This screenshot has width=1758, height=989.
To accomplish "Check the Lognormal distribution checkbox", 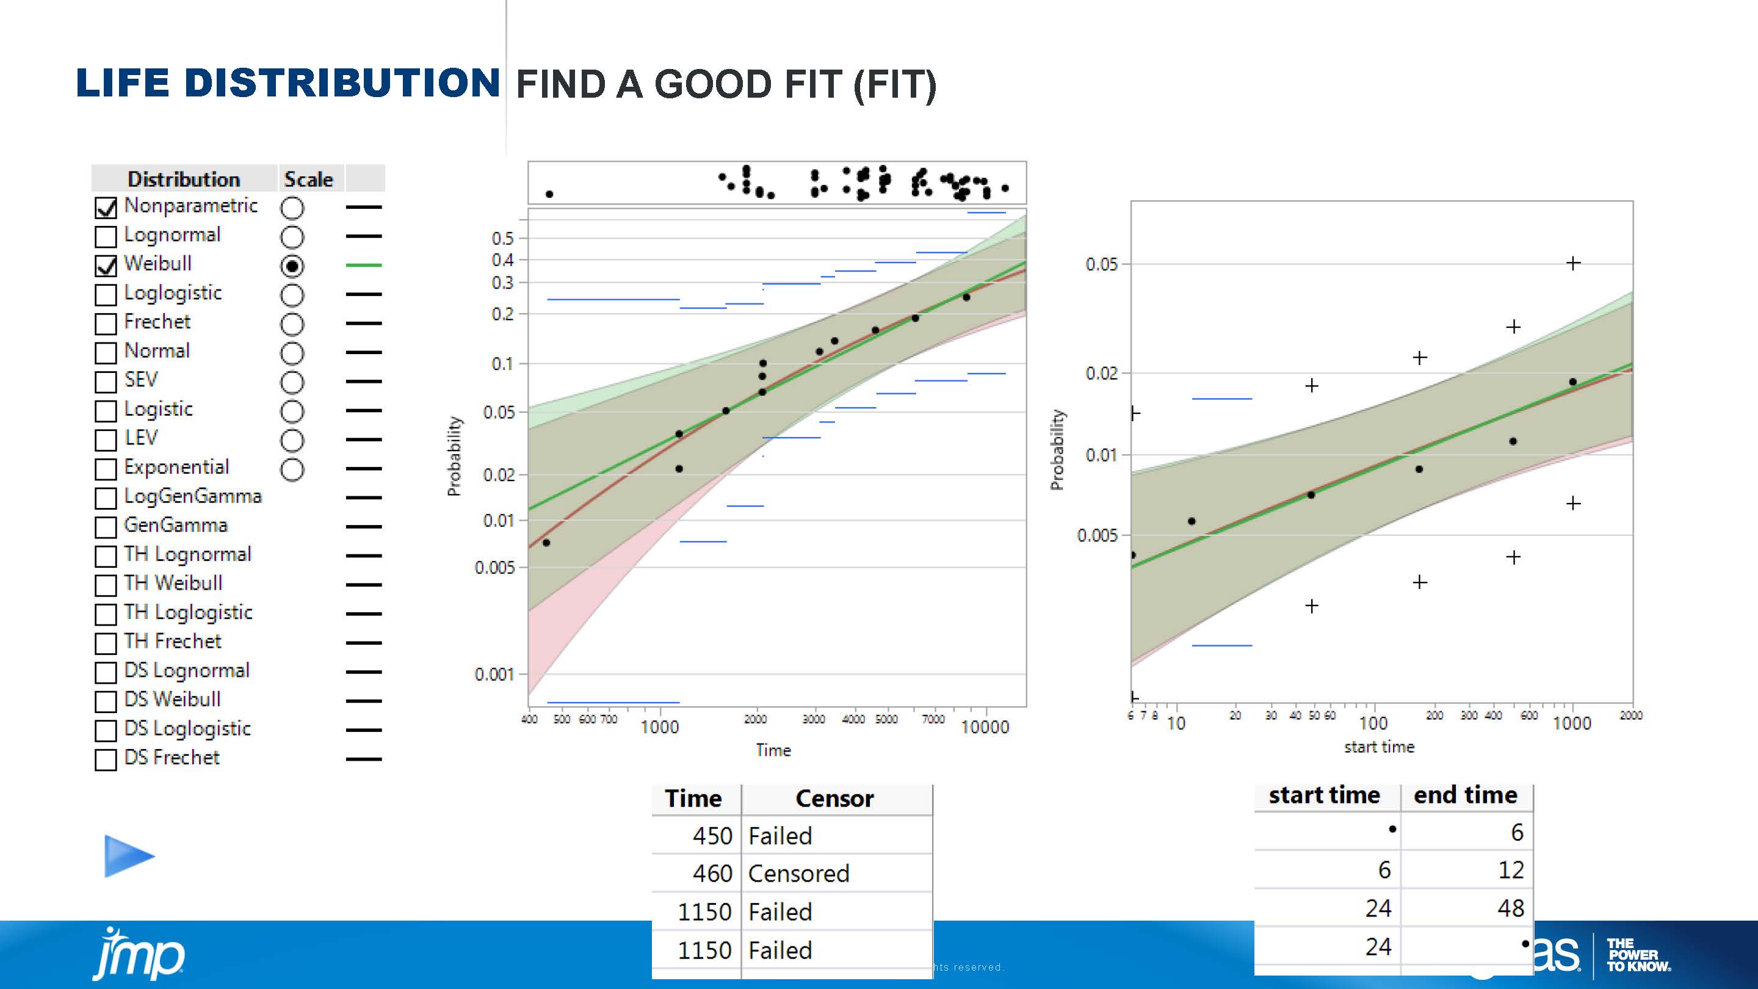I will (x=106, y=237).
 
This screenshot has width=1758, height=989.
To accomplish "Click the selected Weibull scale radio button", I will (x=292, y=266).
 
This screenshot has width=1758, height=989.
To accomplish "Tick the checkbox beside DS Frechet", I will (x=106, y=759).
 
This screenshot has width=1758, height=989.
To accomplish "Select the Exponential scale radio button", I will (x=292, y=469).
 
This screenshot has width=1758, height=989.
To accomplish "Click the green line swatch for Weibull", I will (x=364, y=265).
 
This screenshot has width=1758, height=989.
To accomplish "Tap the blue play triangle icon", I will (x=128, y=856).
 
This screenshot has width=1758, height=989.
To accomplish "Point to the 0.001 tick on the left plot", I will (x=493, y=675).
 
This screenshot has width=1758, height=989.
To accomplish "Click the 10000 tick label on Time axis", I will (x=984, y=728).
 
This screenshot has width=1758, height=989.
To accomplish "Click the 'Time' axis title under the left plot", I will (x=773, y=750).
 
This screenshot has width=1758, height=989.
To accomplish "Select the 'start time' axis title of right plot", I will (x=1378, y=747).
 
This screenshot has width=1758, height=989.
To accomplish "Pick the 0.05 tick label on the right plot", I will (x=1101, y=264).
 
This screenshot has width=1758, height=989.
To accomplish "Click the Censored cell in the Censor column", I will (x=798, y=874).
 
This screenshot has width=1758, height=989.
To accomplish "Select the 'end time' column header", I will (x=1465, y=795).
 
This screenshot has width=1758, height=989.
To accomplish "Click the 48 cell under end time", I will (x=1510, y=908).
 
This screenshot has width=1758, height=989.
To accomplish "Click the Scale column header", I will (x=308, y=179).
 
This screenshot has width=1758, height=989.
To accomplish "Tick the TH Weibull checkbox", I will (x=106, y=585).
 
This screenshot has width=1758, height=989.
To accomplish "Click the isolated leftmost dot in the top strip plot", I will (x=549, y=194).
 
